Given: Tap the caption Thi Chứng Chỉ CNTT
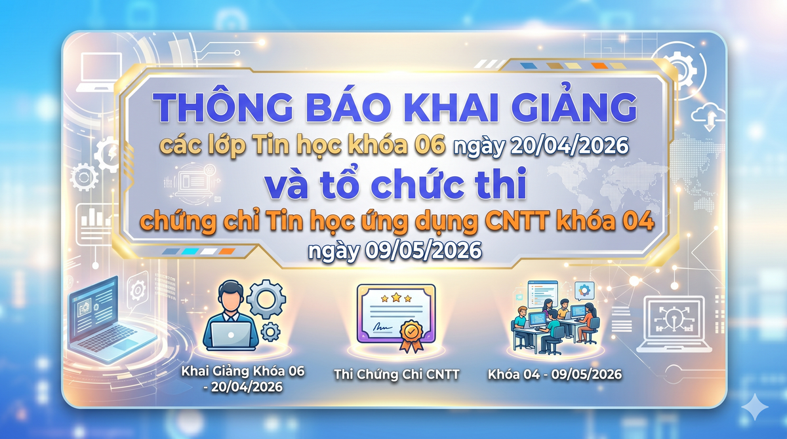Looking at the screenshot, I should [x=396, y=375].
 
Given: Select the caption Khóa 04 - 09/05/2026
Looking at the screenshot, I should [x=554, y=375].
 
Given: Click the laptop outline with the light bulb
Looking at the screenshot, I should [x=674, y=322].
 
